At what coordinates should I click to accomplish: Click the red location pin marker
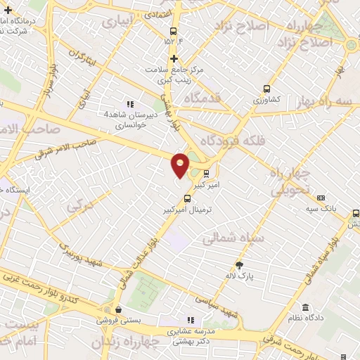pyautogui.click(x=181, y=165)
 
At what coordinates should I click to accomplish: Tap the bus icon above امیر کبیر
pyautogui.click(x=206, y=173)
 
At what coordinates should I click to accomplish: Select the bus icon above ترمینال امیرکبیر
pyautogui.click(x=186, y=198)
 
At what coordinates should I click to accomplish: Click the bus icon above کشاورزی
pyautogui.click(x=266, y=89)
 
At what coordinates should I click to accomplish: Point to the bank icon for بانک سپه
pyautogui.click(x=321, y=198)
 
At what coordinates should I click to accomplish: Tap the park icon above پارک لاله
pyautogui.click(x=239, y=265)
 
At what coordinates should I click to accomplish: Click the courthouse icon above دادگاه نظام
pyautogui.click(x=305, y=307)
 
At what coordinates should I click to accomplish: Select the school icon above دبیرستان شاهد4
pyautogui.click(x=129, y=104)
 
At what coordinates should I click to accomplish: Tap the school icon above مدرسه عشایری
pyautogui.click(x=189, y=320)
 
